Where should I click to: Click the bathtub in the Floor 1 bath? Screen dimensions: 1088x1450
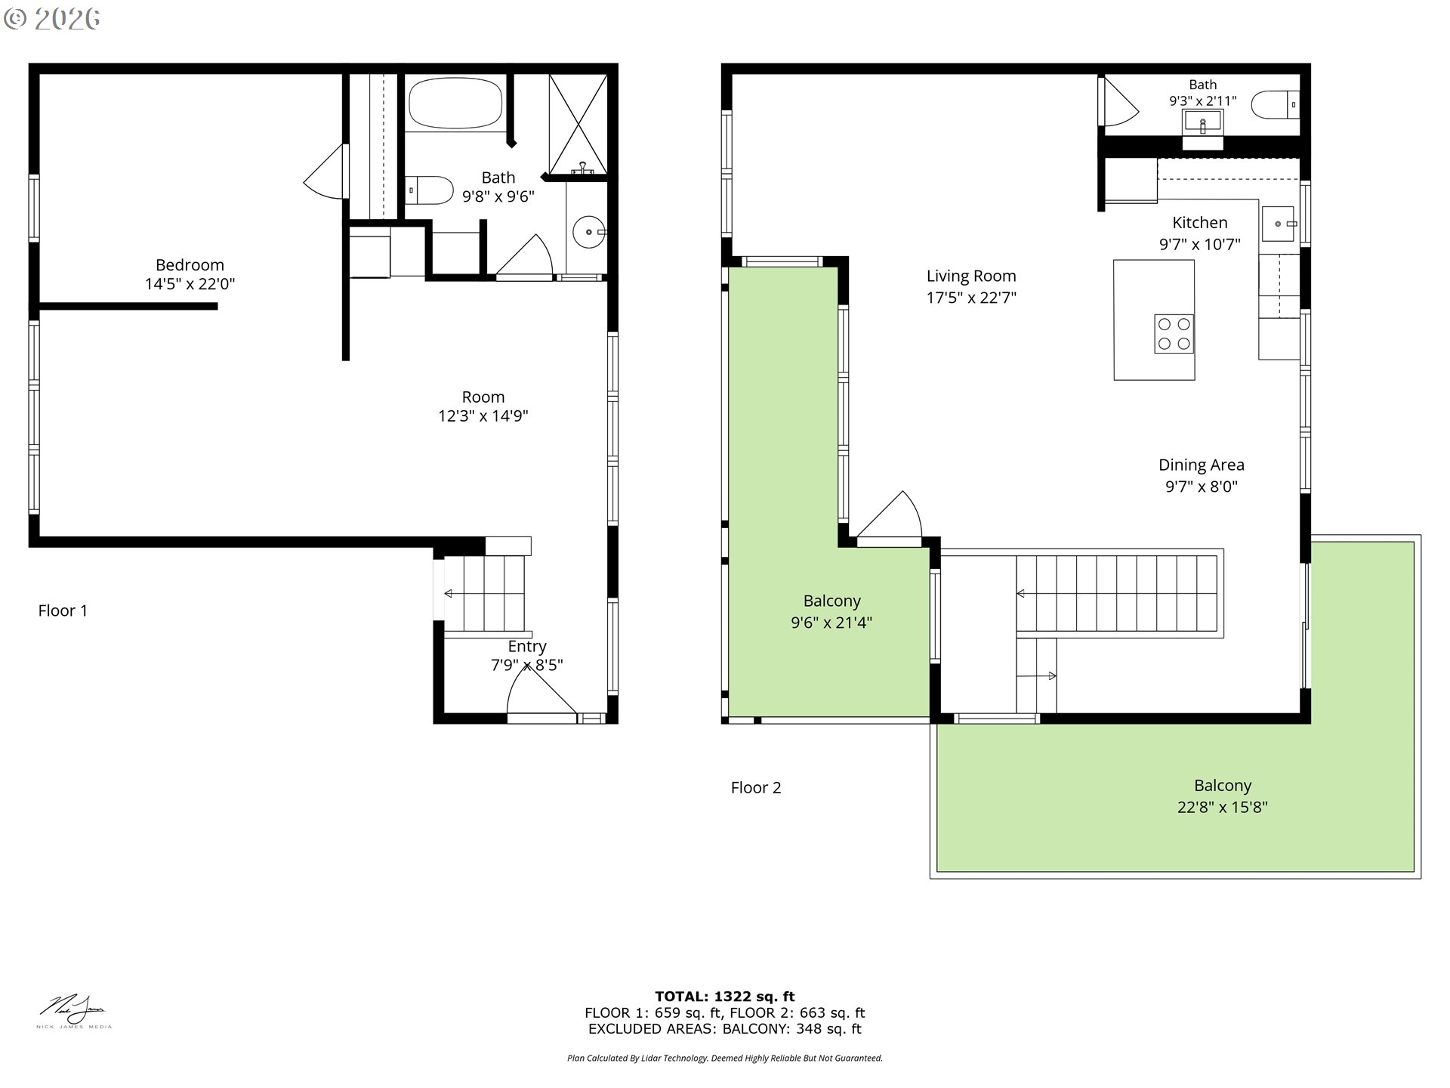pos(455,104)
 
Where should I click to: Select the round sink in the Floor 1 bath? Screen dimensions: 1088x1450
pos(588,232)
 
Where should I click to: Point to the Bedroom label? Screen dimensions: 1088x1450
pos(190,265)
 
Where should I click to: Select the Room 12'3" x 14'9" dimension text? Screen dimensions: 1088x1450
pos(483,416)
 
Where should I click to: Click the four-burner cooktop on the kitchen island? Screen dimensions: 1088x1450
pos(1174,334)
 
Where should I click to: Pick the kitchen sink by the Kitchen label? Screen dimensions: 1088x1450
pos(1278,224)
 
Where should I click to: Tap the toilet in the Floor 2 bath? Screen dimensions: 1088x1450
pos(1275,105)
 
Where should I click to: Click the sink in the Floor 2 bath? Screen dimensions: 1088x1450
pos(1202,121)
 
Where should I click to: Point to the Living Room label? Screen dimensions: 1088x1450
pos(971,277)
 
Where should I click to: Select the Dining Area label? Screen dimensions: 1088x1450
pos(1201,465)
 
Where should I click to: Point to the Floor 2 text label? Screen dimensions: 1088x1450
pos(755,788)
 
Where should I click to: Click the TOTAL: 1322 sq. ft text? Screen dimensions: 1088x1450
pos(724,997)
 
